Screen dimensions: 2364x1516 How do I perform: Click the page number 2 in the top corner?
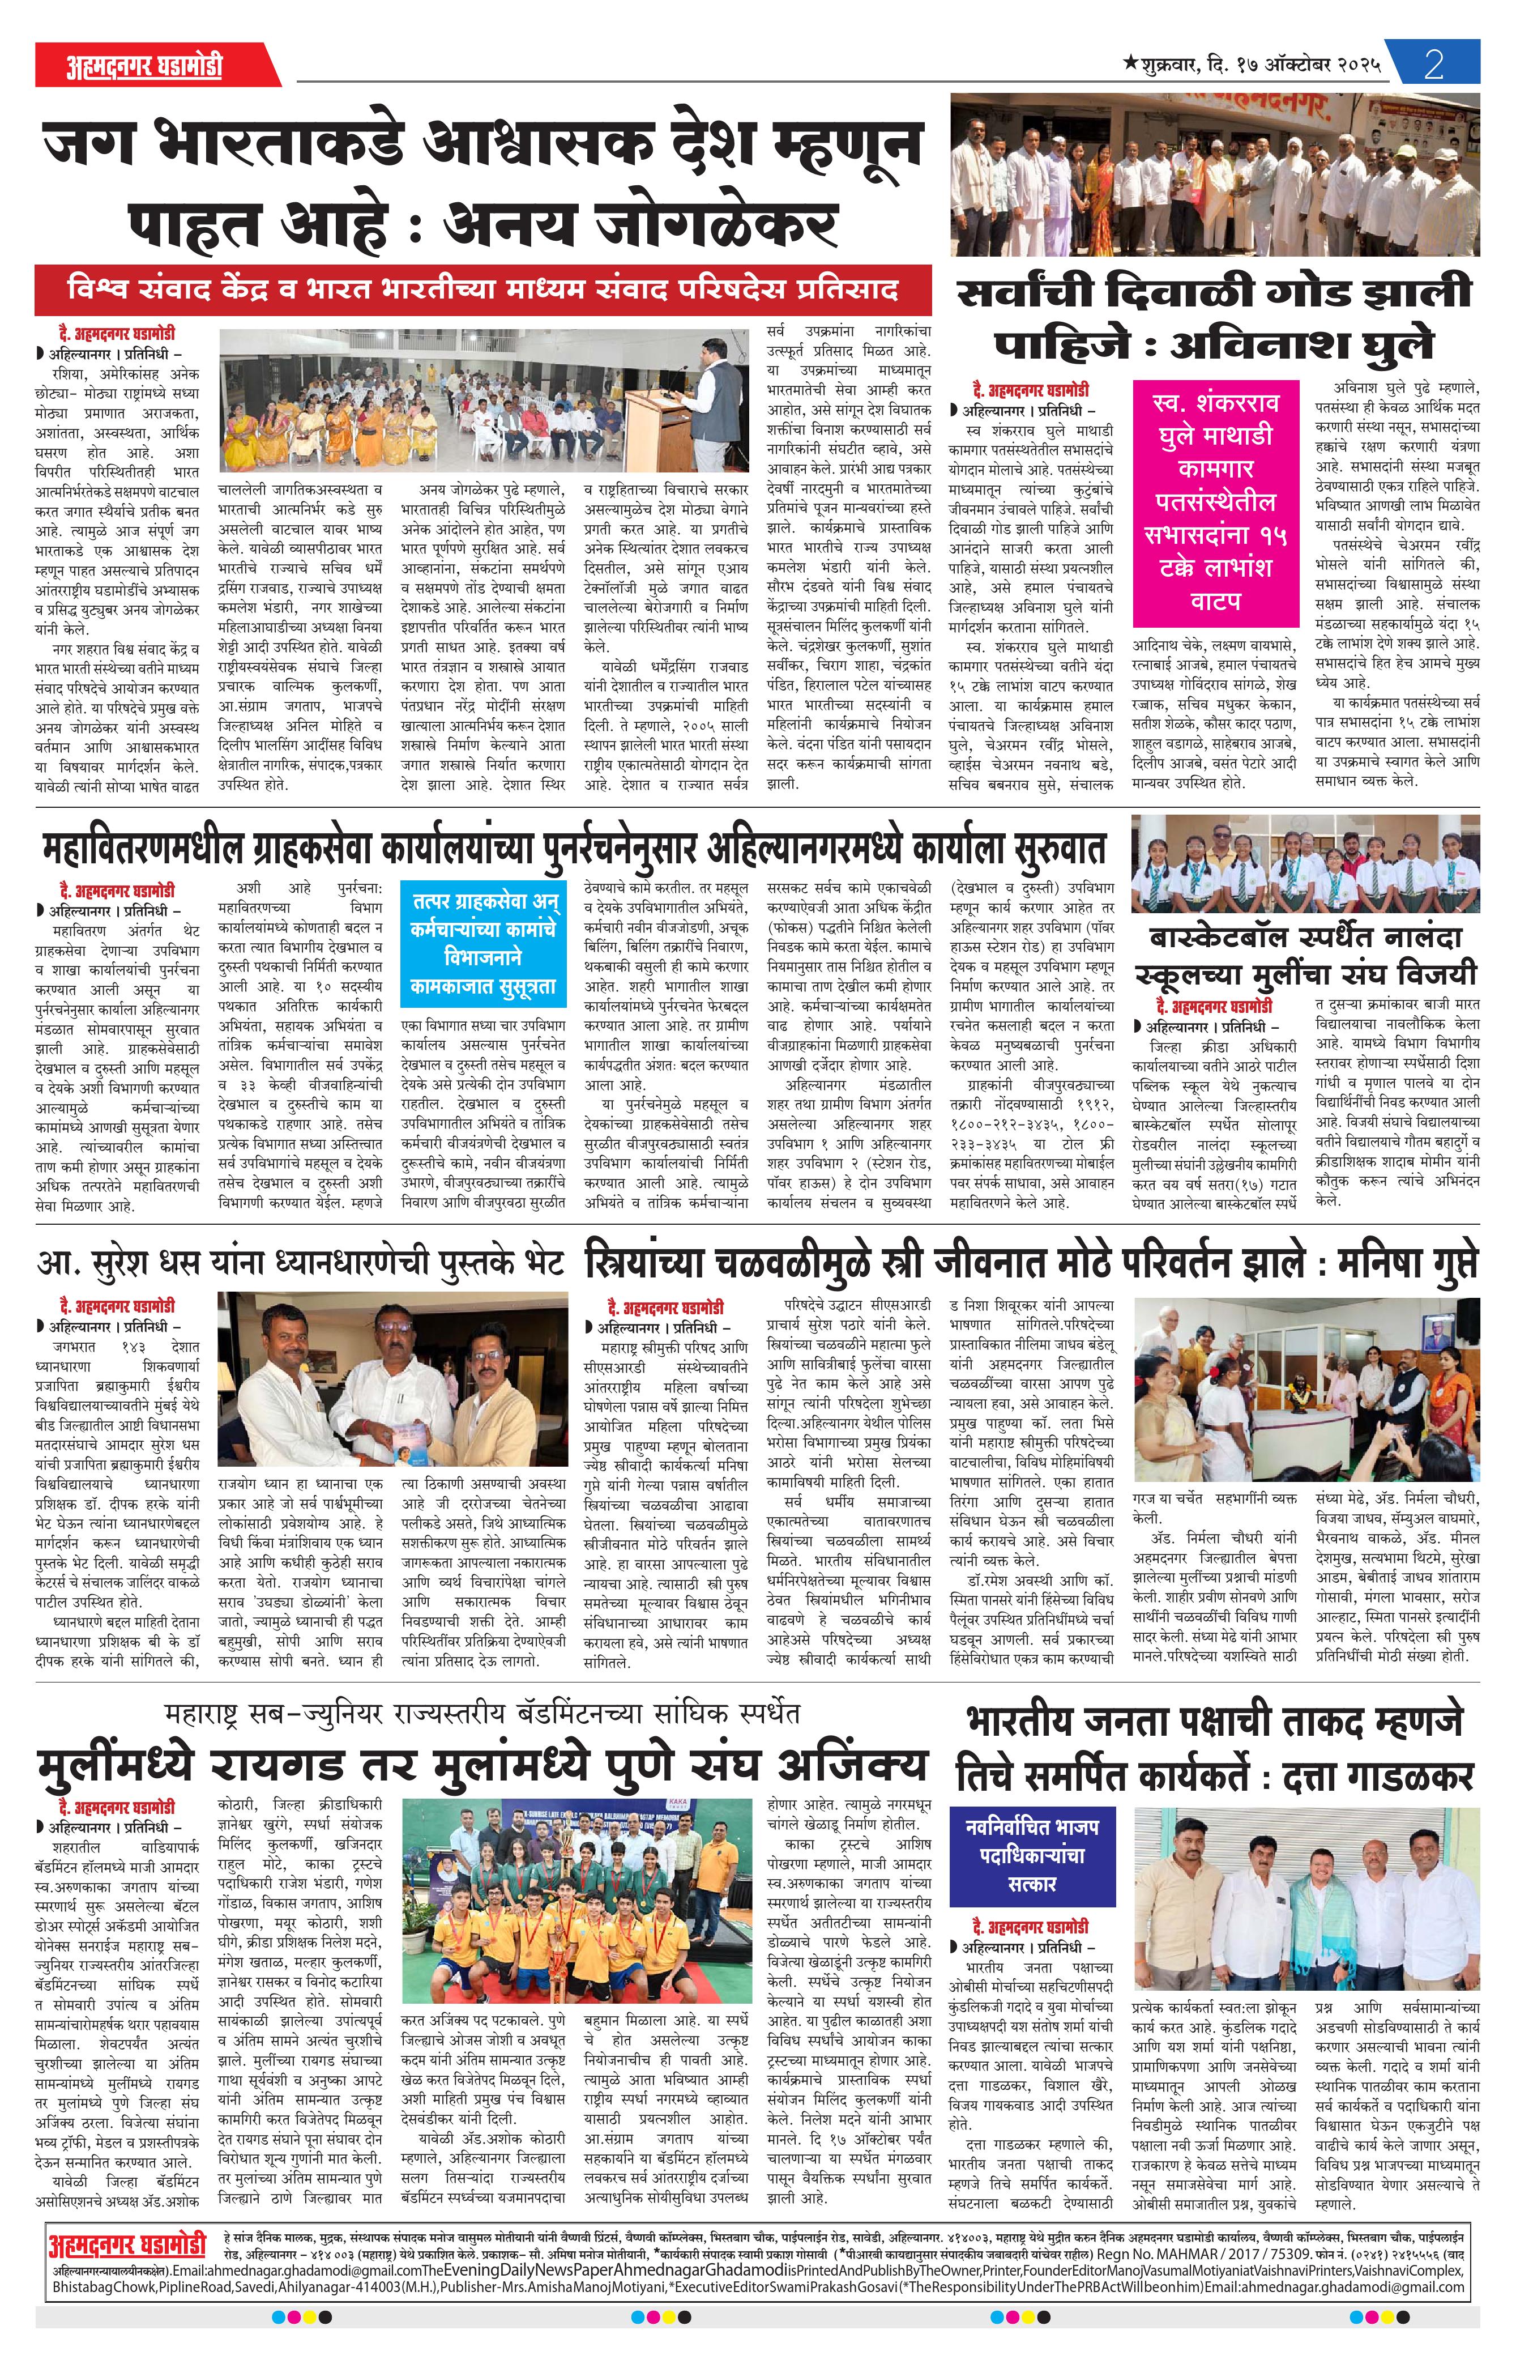pyautogui.click(x=1433, y=66)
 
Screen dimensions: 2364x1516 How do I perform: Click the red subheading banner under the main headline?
pyautogui.click(x=482, y=291)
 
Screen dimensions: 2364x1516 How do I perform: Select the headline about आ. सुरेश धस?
pyautogui.click(x=300, y=1262)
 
